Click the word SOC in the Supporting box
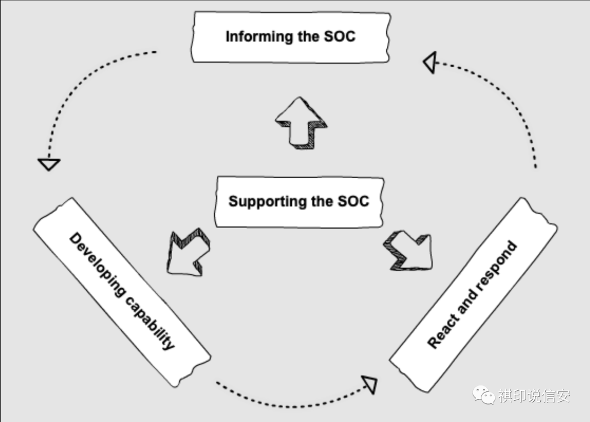pyautogui.click(x=353, y=201)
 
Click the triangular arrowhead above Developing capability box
pyautogui.click(x=49, y=163)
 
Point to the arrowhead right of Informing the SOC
pyautogui.click(x=430, y=63)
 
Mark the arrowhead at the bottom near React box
pyautogui.click(x=371, y=384)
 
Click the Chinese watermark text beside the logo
pyautogui.click(x=534, y=395)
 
